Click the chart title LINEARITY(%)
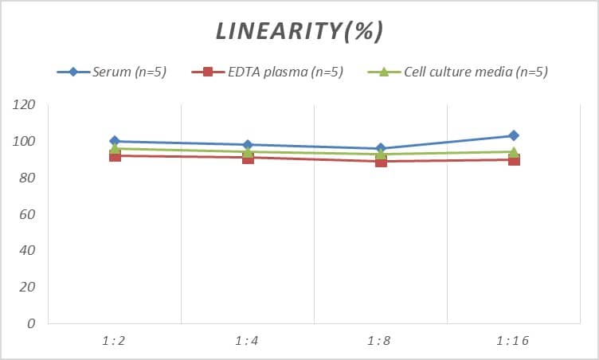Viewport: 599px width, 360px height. [299, 31]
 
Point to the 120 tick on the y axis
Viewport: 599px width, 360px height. [25, 105]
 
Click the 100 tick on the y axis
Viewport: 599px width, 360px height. [25, 142]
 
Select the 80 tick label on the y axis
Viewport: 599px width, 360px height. [28, 178]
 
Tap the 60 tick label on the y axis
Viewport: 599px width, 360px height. [28, 214]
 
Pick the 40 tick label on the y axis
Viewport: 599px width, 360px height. [28, 250]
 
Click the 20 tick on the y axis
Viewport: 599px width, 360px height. [28, 287]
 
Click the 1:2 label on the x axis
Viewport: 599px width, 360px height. [114, 341]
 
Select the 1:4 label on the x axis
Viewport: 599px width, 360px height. [247, 341]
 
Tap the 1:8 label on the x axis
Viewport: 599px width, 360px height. [380, 341]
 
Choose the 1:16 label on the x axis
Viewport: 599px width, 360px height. [512, 341]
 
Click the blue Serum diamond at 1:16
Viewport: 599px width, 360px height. [514, 135]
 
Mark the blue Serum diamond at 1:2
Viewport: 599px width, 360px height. [115, 141]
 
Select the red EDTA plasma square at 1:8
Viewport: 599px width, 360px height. [381, 161]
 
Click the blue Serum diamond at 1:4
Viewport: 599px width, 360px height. [248, 145]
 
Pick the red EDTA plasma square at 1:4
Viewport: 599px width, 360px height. [248, 158]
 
